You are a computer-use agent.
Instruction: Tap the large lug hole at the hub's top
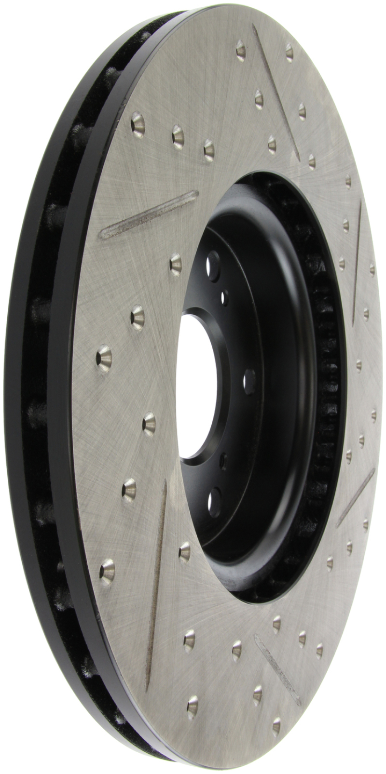[210, 264]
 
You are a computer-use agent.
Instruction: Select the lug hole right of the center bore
[249, 380]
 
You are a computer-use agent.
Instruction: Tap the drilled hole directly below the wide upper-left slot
[176, 263]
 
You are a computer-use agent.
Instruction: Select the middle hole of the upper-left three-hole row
[178, 136]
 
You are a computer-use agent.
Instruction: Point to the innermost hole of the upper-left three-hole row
[209, 149]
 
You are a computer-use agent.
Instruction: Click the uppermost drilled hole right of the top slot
[289, 52]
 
